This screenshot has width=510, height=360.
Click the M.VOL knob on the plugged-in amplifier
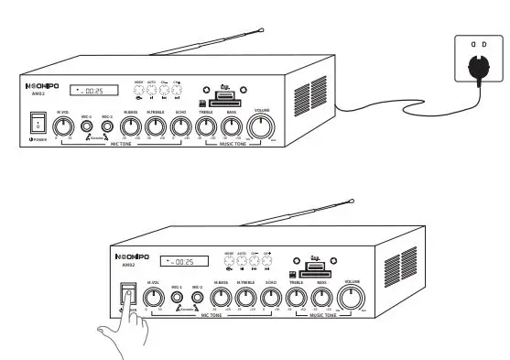pos(63,127)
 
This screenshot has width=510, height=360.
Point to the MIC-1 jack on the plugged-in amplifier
pos(87,128)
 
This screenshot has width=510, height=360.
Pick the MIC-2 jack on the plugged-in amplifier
pos(108,128)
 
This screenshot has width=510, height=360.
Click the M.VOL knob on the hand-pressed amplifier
pos(152,297)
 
